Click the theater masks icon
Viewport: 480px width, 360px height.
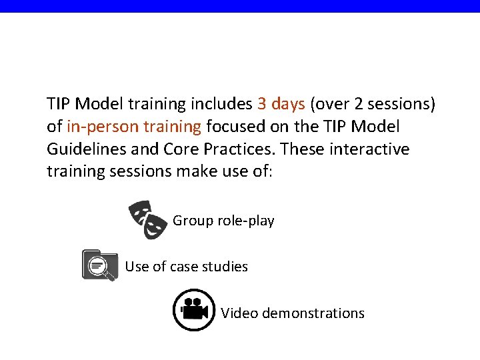click(x=148, y=219)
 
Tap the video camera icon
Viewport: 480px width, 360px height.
click(x=193, y=310)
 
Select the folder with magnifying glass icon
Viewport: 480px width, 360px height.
click(x=99, y=265)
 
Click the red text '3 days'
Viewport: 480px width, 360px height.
click(x=281, y=104)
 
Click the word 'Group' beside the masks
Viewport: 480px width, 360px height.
click(x=193, y=221)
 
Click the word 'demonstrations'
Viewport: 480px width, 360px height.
click(x=313, y=313)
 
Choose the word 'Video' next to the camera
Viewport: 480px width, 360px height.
click(x=240, y=313)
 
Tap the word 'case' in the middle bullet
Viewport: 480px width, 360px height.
click(x=184, y=267)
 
